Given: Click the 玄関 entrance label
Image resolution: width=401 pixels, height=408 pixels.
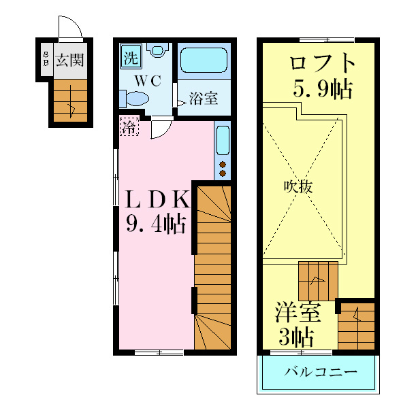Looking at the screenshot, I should coord(69,60).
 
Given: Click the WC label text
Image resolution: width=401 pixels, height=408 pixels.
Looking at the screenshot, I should coord(146,80).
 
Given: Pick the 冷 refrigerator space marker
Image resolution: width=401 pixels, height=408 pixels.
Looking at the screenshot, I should coord(129,126).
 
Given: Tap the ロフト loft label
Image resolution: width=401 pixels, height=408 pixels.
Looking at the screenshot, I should coord(323,65).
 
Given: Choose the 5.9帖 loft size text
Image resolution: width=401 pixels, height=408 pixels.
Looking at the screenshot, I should coord(323,88).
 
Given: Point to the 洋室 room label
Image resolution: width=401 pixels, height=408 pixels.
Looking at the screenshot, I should coord(298,314).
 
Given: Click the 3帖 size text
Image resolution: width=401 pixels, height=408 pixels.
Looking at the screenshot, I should coord(298,337).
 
